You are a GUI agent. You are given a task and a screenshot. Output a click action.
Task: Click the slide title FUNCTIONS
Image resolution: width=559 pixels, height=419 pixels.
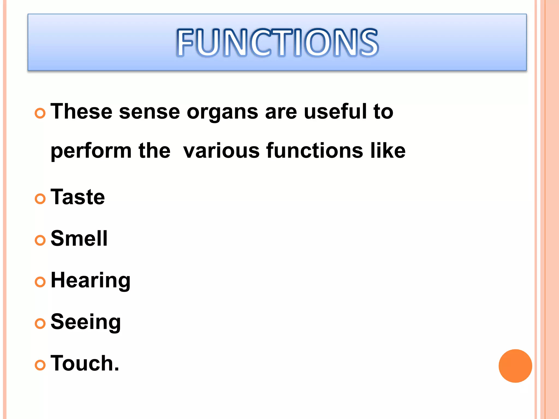point(277,43)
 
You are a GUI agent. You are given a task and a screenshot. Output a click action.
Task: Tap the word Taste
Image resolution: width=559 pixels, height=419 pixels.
point(78,197)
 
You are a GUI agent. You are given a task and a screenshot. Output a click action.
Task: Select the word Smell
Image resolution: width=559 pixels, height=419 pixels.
point(79,238)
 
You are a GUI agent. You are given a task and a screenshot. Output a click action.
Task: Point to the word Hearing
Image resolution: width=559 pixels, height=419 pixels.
point(91,280)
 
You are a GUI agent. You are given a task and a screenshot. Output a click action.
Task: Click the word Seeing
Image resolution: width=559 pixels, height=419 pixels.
point(86,322)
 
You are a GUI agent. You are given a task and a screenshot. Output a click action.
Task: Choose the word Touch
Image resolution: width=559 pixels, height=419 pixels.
point(85,363)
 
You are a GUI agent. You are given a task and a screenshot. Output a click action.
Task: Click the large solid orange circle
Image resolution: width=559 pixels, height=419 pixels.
point(515,366)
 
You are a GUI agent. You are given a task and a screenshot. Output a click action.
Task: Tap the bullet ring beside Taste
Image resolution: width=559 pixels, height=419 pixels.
point(40,199)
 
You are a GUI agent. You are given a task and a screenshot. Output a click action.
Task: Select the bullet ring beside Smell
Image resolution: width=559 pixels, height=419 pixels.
point(40,240)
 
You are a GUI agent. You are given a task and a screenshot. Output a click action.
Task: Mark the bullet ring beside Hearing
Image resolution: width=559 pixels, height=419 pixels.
point(40,282)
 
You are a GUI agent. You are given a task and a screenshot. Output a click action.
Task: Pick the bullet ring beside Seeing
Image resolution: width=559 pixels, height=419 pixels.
point(40,324)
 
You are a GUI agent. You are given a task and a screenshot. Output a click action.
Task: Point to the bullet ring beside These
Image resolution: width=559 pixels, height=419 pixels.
point(40,113)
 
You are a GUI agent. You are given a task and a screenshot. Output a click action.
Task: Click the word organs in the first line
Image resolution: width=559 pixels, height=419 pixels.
point(222,112)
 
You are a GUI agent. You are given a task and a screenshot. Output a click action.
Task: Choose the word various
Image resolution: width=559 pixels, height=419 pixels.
point(221,151)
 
